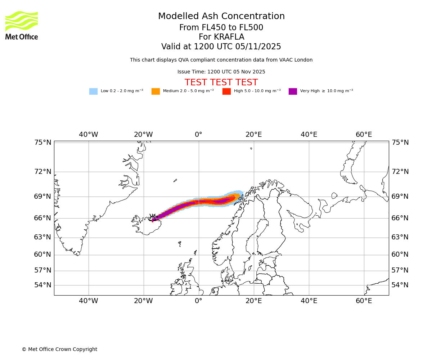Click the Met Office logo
tap(22, 25)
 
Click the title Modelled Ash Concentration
tap(221, 17)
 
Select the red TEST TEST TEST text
tap(221, 83)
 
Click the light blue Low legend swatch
tap(93, 91)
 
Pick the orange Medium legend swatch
tap(156, 91)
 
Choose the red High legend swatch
tap(226, 91)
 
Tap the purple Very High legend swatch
tap(293, 91)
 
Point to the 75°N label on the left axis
tap(42, 143)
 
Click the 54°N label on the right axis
tap(400, 285)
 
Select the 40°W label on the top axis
tap(89, 135)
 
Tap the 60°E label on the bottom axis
tap(364, 301)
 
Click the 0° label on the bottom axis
tap(198, 301)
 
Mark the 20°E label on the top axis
tap(253, 135)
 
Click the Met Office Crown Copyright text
tap(59, 350)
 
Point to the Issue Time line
tap(221, 72)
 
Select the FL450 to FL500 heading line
tap(221, 28)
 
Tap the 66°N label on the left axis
tap(42, 218)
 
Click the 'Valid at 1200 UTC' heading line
tap(221, 47)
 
